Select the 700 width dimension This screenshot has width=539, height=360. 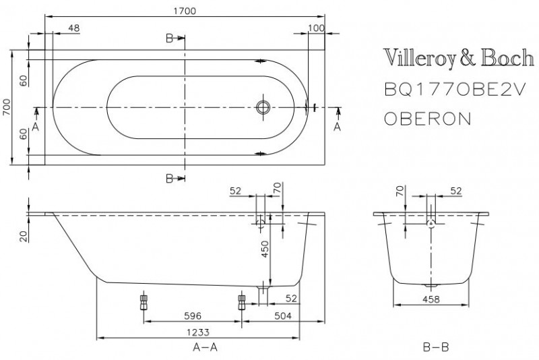pyautogui.click(x=6, y=107)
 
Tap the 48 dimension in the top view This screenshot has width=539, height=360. pyautogui.click(x=75, y=28)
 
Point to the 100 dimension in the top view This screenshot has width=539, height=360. pyautogui.click(x=315, y=28)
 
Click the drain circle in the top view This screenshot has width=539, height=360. pyautogui.click(x=263, y=107)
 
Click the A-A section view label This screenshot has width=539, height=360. pyautogui.click(x=204, y=348)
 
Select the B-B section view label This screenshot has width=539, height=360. pyautogui.click(x=434, y=348)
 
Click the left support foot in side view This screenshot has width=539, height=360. pyautogui.click(x=142, y=300)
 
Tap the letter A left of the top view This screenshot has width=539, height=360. pyautogui.click(x=35, y=126)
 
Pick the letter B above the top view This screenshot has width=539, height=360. pyautogui.click(x=170, y=38)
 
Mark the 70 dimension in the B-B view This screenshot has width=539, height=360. pyautogui.click(x=400, y=192)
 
